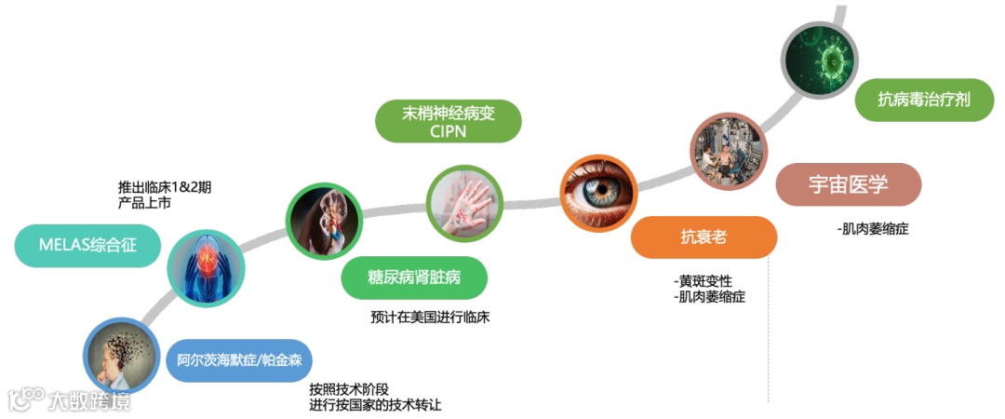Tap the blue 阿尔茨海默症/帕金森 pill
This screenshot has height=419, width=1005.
239,359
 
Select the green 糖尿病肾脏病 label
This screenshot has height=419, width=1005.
414,277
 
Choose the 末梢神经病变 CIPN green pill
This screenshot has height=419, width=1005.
448,121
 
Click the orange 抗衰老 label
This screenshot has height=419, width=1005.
703,237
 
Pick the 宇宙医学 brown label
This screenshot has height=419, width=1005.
849,184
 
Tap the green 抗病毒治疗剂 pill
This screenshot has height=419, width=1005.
923,100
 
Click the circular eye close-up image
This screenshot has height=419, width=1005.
596,192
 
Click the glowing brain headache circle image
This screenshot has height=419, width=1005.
206,267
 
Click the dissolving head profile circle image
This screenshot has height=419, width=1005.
120,357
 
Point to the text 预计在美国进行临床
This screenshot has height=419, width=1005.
430,317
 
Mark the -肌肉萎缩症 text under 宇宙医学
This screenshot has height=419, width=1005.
873,228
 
